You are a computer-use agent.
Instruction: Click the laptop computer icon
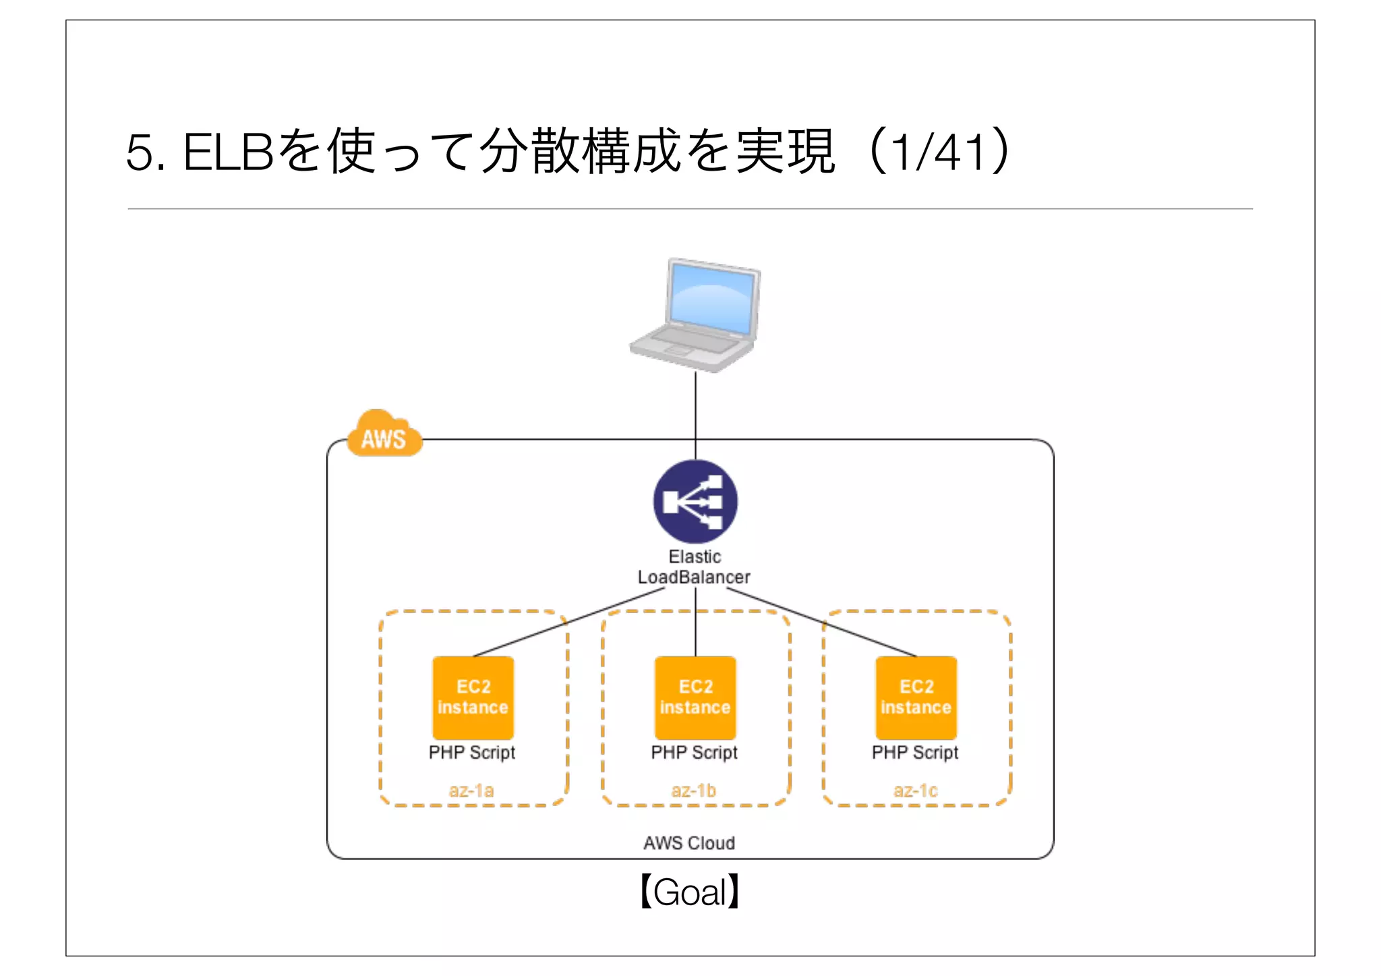695,316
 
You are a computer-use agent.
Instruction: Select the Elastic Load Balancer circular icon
695,502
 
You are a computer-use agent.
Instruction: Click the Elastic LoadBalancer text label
694,567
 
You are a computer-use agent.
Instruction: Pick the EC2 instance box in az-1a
473,697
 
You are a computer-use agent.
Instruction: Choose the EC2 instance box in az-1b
695,697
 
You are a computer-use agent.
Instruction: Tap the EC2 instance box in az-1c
916,697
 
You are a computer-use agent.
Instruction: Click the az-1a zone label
471,790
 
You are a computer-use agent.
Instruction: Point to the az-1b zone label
693,790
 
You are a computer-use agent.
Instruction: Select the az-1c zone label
915,790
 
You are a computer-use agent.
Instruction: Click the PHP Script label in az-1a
472,752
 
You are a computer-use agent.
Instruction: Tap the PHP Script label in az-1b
694,752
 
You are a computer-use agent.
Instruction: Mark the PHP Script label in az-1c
915,752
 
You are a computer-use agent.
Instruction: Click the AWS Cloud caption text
689,843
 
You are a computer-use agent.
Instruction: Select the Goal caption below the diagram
690,892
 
